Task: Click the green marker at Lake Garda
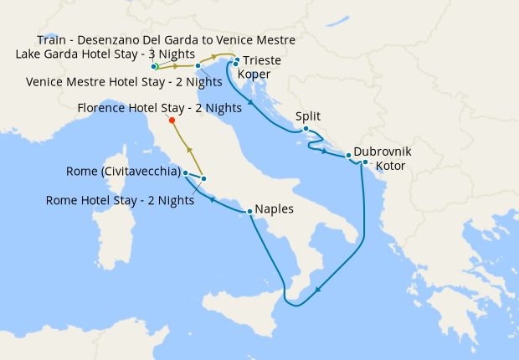[155, 66]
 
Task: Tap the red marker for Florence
[172, 121]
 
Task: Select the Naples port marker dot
[249, 211]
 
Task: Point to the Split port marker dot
[306, 129]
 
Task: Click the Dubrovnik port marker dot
[348, 156]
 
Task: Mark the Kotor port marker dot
[365, 162]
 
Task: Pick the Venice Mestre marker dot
[198, 65]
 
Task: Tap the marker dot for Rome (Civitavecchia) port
[185, 172]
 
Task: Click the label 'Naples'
[275, 208]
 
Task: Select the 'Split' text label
[308, 116]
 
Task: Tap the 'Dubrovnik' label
[383, 152]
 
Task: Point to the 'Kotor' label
[391, 166]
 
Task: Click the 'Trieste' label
[262, 61]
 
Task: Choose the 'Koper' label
[254, 74]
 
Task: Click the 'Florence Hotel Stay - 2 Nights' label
[159, 108]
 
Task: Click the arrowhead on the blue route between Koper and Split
[250, 104]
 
